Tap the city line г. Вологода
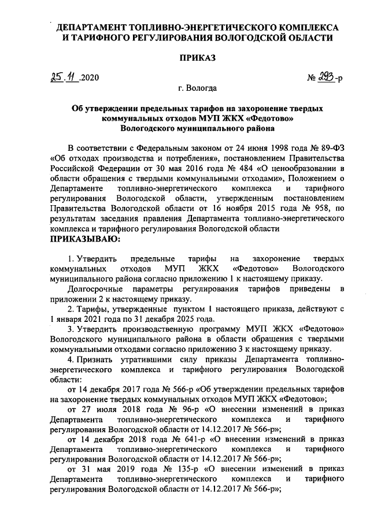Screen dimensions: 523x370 click(198, 88)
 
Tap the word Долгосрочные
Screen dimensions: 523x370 click(95, 288)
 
